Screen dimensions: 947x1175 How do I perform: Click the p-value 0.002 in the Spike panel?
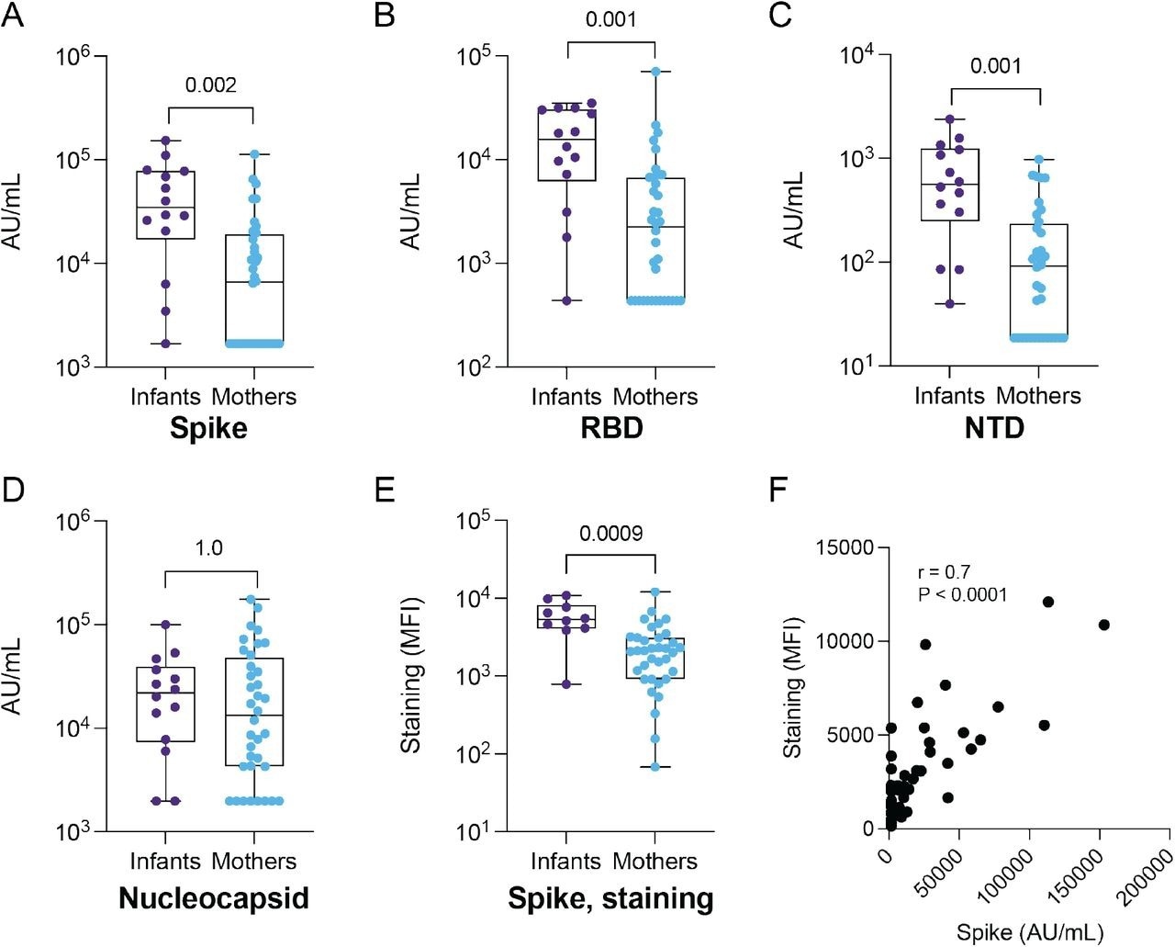210,85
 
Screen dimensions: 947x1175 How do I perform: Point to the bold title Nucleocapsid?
213,897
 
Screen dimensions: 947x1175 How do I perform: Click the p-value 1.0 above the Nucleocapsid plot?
209,548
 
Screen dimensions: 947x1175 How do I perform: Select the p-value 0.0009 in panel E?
610,533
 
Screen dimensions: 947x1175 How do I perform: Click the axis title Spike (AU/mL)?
1029,932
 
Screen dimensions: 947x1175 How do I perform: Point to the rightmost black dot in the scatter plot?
1104,625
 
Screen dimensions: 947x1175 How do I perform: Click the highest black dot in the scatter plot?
1047,602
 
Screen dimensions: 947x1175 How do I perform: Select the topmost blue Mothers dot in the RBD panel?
655,72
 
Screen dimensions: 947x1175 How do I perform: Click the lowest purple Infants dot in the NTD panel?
950,303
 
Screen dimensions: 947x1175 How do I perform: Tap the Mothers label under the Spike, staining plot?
655,862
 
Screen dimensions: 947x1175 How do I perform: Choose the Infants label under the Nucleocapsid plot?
165,862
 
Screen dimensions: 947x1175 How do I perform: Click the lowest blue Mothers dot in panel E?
655,766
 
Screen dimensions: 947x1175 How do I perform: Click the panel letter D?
13,490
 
